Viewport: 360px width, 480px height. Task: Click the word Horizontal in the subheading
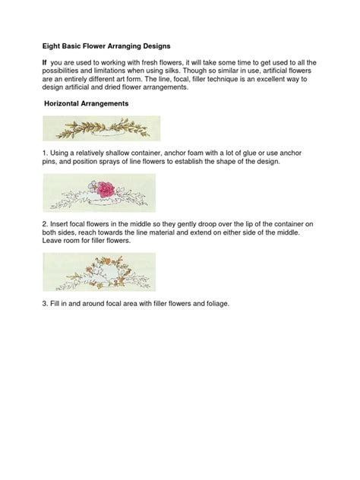point(69,102)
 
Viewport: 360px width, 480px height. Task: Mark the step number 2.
point(45,226)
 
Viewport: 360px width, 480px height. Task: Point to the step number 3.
point(45,304)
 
